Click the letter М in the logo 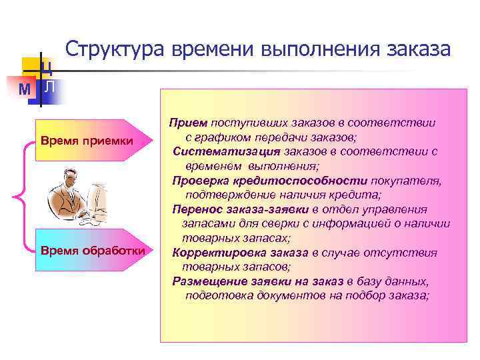click(x=25, y=89)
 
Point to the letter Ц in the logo click(x=47, y=67)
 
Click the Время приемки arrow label click(x=87, y=141)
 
